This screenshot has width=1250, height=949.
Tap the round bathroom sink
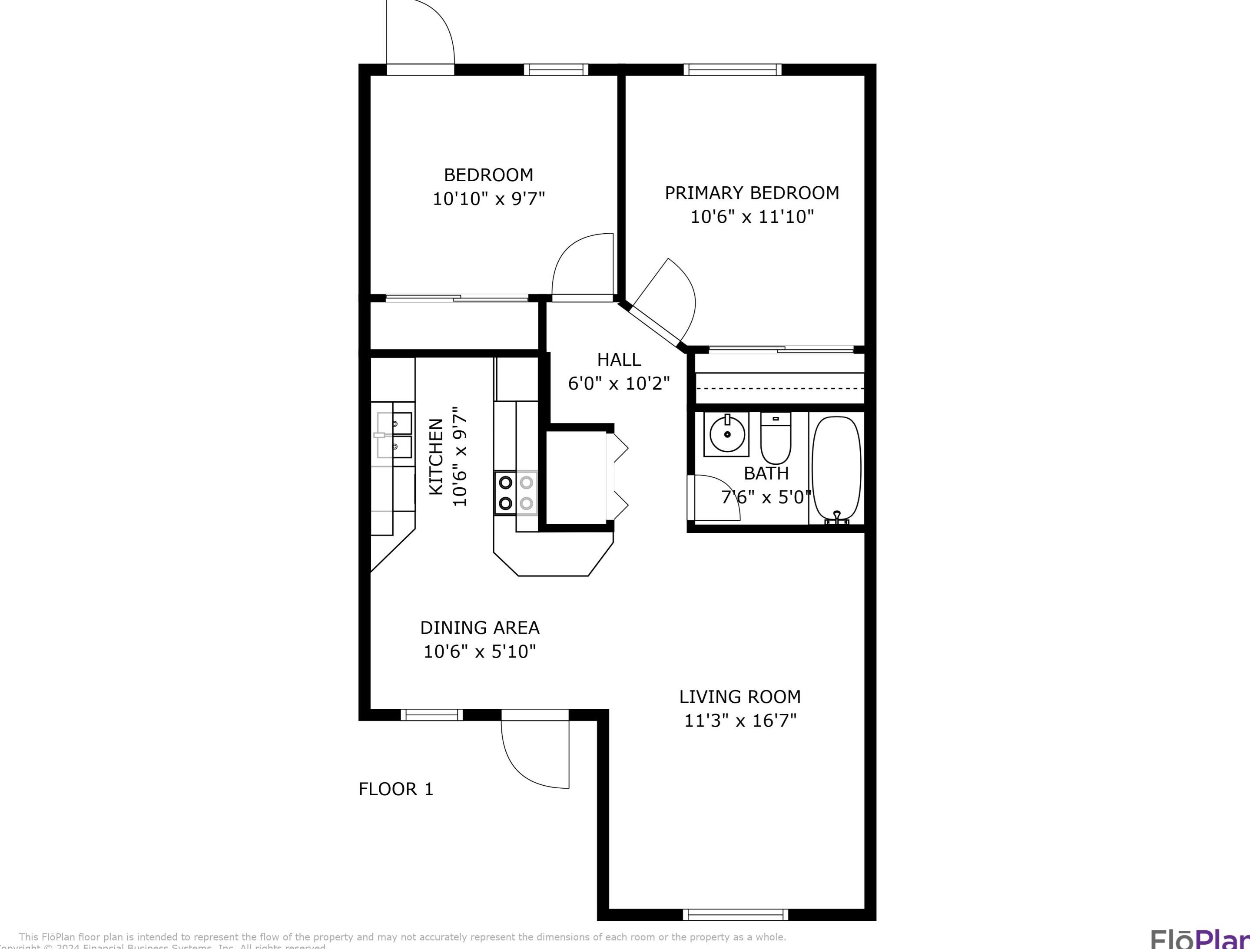(x=727, y=434)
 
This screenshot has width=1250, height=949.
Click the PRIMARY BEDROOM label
(x=752, y=193)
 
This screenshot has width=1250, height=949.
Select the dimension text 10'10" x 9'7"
(x=489, y=199)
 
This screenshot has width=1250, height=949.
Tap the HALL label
(x=619, y=360)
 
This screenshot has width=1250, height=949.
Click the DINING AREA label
(x=480, y=628)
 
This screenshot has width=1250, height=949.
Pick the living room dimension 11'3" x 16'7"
(x=740, y=721)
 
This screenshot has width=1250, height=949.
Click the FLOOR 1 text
(x=395, y=789)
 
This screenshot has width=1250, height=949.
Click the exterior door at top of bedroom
(x=420, y=34)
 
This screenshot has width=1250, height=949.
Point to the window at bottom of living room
(x=735, y=930)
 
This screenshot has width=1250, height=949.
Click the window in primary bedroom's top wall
(x=733, y=69)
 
